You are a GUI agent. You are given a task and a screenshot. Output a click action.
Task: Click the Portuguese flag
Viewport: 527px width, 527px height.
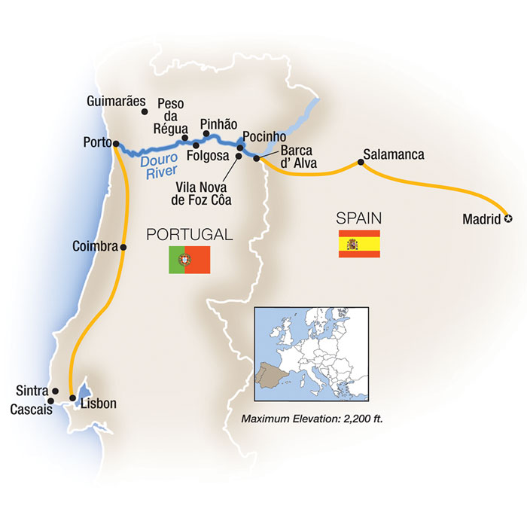(x=189, y=259)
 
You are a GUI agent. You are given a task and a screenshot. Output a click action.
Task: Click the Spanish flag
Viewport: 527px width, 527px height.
(x=359, y=244)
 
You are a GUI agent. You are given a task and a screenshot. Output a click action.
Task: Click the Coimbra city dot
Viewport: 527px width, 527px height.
(x=123, y=246)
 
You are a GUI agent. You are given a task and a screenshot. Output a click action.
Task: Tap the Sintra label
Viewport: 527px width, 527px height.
(x=31, y=391)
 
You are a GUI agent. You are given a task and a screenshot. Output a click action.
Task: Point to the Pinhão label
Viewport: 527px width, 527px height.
(x=219, y=124)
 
